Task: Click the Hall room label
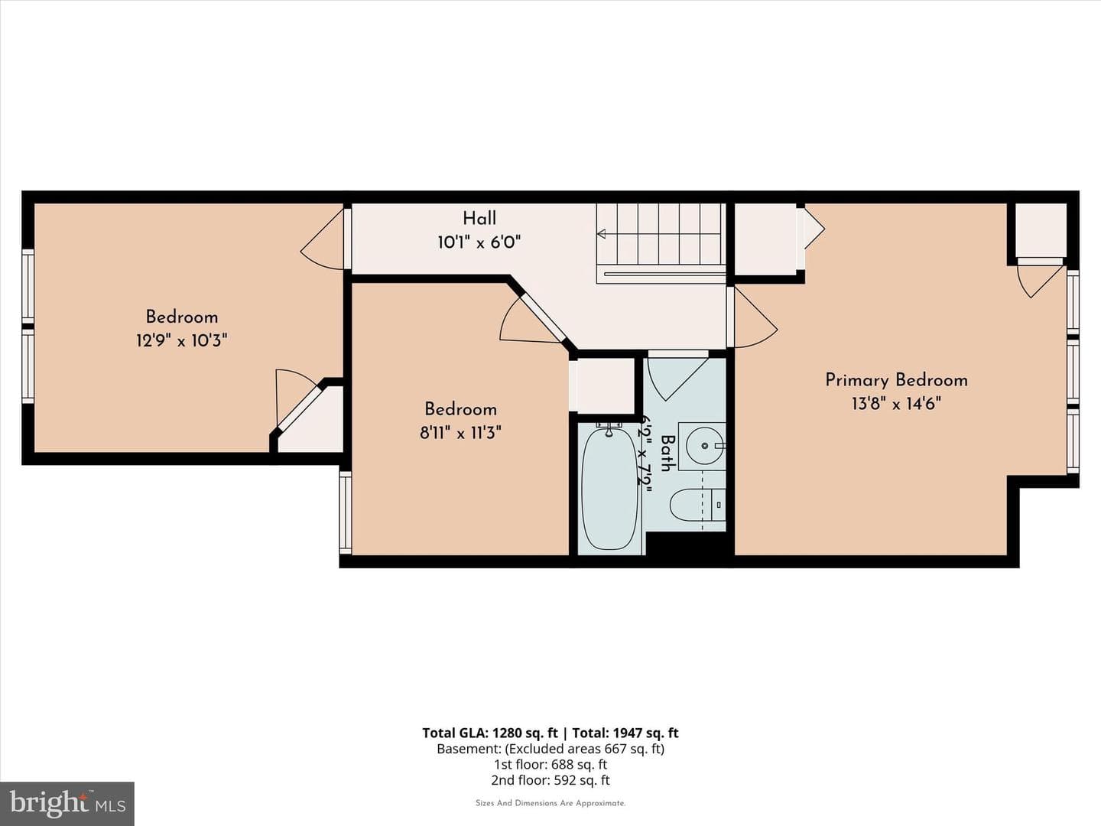pos(479,218)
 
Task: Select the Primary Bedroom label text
pos(896,380)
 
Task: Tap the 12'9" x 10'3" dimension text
pos(181,341)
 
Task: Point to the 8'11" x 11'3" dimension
pos(460,432)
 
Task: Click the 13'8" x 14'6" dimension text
pos(896,404)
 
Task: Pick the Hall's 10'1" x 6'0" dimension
pos(479,242)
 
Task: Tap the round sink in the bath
pos(705,445)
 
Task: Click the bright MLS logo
pos(67,803)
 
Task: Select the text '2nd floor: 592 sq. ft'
pos(550,780)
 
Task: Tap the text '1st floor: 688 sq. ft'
pos(550,764)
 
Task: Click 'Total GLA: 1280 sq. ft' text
pos(490,733)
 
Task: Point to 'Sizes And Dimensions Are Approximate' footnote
pos(550,803)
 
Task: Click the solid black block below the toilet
pos(686,544)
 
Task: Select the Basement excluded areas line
pos(550,749)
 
